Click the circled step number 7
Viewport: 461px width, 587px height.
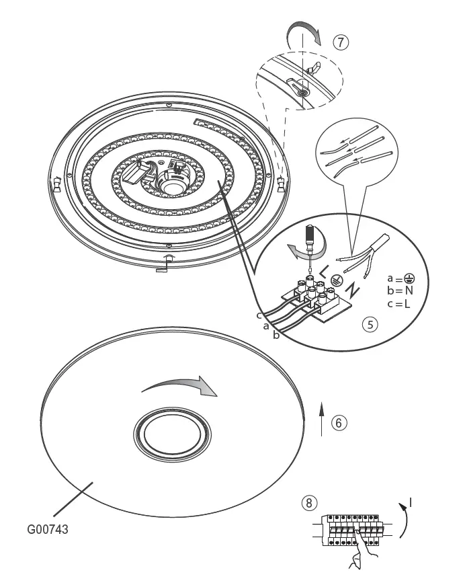(341, 42)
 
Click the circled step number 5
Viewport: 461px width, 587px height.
(370, 323)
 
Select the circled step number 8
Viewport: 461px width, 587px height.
(308, 502)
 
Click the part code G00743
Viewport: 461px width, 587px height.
(48, 529)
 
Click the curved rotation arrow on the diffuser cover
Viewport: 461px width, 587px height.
(179, 386)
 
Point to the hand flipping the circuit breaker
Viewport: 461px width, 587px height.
(356, 555)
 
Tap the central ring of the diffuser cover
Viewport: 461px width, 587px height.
(170, 440)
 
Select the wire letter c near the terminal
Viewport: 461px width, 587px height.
(258, 315)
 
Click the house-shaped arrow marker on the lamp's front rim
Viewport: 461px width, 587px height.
(169, 258)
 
